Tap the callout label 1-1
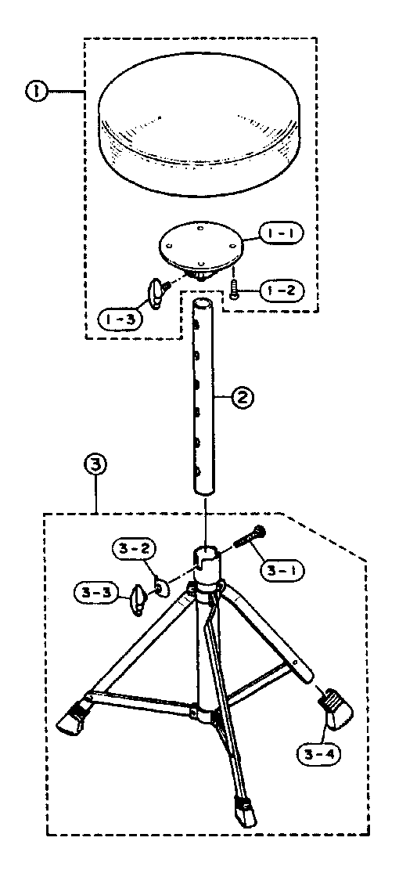[282, 233]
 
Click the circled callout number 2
[242, 398]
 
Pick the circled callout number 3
[95, 465]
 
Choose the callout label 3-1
[282, 568]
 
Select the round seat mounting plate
[202, 247]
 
